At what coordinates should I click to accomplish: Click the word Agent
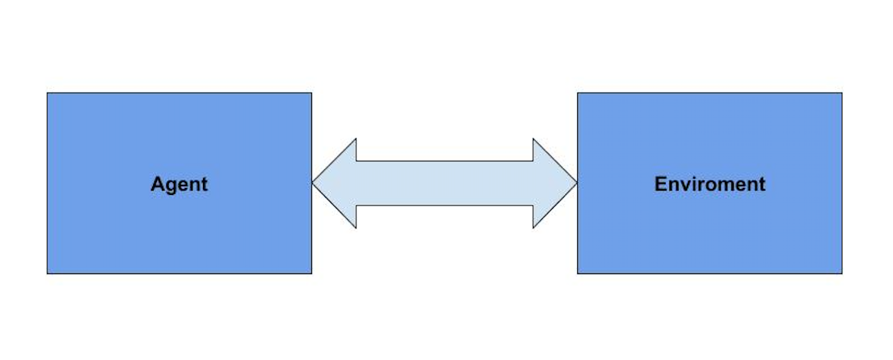(x=179, y=184)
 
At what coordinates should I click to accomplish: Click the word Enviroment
(x=709, y=184)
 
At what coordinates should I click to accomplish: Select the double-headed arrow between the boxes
(x=445, y=183)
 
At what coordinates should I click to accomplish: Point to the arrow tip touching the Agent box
(x=313, y=183)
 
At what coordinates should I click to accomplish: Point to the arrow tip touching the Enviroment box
(x=576, y=183)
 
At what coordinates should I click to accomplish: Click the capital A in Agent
(x=158, y=184)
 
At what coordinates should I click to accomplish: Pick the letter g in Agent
(x=170, y=186)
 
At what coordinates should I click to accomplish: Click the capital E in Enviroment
(x=660, y=184)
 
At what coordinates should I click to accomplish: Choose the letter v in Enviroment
(x=685, y=185)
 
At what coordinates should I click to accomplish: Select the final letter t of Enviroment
(x=762, y=184)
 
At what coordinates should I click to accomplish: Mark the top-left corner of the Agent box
(x=47, y=93)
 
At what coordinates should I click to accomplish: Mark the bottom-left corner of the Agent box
(x=47, y=273)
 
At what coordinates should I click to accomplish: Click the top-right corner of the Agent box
(x=311, y=93)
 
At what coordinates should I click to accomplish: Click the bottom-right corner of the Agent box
(x=311, y=273)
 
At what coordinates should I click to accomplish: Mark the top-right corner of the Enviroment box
(x=841, y=93)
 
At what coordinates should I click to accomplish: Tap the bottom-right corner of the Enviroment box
(x=841, y=273)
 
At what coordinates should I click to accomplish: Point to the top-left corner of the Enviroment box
(x=578, y=93)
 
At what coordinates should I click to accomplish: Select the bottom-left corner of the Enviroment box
(x=578, y=273)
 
